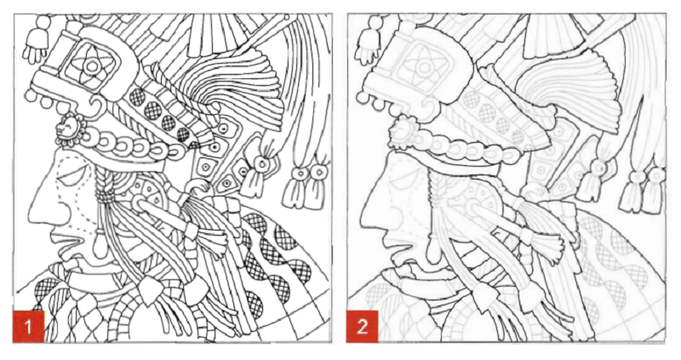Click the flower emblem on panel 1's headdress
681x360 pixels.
click(x=89, y=61)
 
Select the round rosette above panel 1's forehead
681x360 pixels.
click(x=66, y=132)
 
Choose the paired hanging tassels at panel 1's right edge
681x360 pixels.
click(x=305, y=182)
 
